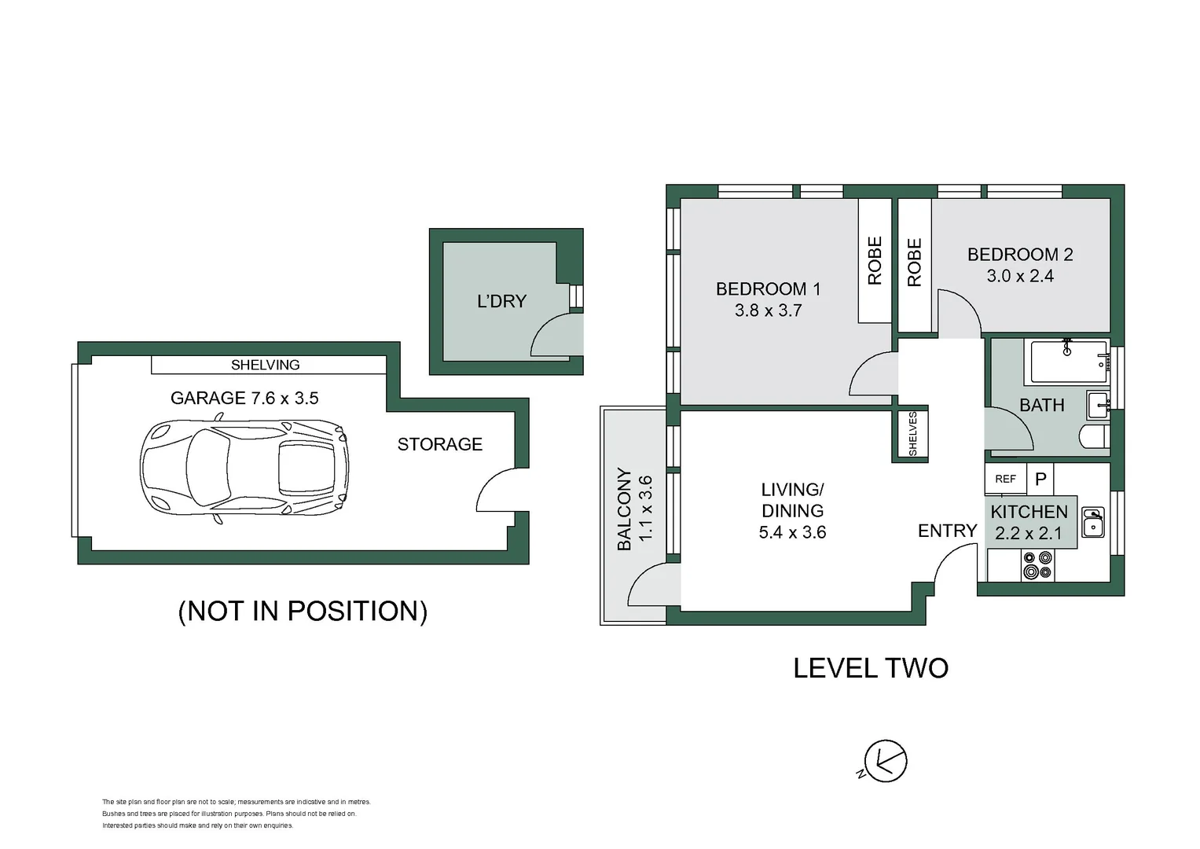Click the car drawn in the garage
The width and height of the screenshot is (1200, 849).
244,468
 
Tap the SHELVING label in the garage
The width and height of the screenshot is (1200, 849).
265,365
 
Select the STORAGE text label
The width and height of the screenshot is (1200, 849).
440,444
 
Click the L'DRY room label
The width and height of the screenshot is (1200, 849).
501,301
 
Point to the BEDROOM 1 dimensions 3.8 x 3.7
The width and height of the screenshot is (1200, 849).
769,311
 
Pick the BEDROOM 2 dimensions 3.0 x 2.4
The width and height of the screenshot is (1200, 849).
1020,276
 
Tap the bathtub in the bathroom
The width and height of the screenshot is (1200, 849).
1068,362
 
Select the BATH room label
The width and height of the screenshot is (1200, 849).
1041,405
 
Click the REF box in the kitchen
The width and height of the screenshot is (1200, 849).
1006,479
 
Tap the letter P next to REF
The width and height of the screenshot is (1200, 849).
1040,479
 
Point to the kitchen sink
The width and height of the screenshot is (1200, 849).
1093,522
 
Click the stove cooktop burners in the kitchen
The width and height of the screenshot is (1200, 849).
1037,565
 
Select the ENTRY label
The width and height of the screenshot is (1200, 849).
947,531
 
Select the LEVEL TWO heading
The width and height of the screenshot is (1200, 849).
871,668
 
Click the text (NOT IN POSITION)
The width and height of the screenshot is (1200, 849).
303,611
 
